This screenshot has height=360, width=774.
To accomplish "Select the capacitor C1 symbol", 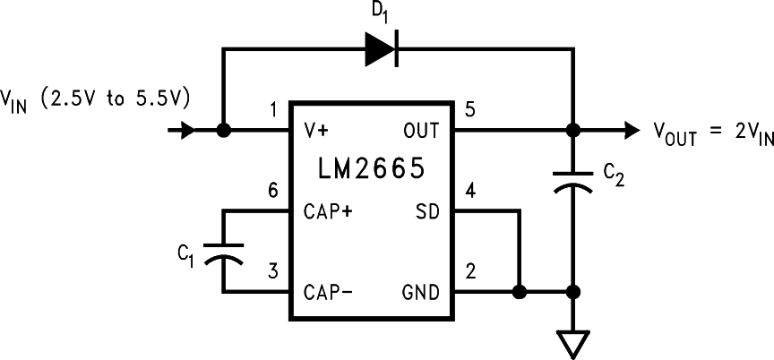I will point(223,252).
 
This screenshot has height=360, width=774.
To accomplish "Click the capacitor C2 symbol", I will point(572,178).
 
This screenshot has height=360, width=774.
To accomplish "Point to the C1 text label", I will point(185,256).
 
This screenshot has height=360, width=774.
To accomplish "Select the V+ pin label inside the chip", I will point(316,131).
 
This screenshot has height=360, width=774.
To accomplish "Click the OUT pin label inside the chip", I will point(421,131).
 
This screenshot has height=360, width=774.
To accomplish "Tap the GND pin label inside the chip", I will point(420,292).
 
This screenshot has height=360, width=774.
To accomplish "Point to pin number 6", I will point(273,191).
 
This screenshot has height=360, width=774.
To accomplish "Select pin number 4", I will point(470,191).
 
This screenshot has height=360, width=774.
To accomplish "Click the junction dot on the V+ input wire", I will point(223,131).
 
